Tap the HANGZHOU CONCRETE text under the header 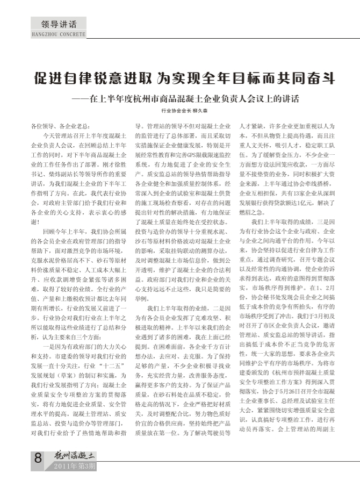(x=59, y=34)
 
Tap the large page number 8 (x=39, y=458)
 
